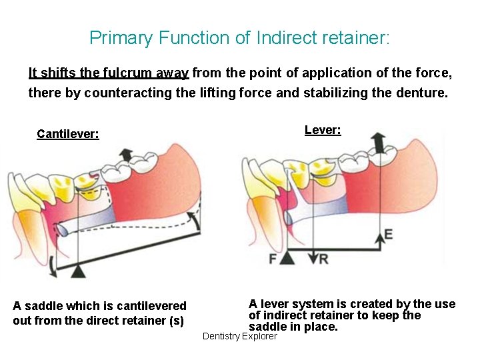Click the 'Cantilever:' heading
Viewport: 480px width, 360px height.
coord(68,134)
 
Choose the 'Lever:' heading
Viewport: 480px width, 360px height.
coord(323,130)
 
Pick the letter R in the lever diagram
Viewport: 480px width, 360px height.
coord(323,259)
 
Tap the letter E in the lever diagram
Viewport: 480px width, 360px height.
coord(389,235)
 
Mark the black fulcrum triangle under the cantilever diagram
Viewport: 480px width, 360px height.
coord(79,270)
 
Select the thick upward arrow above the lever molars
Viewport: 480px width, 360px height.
coord(379,142)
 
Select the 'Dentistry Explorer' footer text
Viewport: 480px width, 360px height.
coord(239,337)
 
